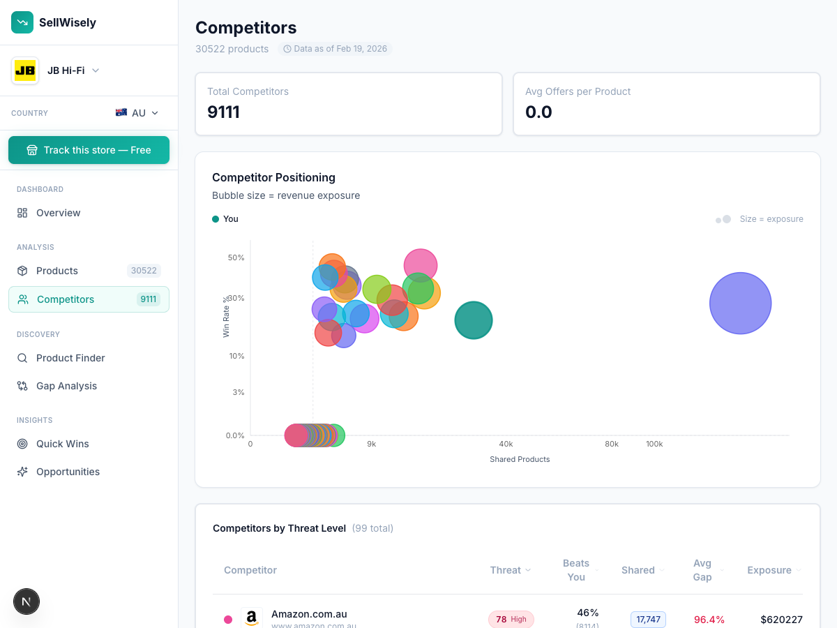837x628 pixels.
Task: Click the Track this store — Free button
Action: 89,150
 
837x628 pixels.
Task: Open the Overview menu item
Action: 58,213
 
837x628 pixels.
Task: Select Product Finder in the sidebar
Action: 70,358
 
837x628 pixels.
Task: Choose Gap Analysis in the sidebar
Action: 66,386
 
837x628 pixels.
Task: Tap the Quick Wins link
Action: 62,444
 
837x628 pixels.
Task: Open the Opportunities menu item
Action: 68,472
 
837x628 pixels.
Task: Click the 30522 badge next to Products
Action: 144,271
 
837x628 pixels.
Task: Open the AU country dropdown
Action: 137,113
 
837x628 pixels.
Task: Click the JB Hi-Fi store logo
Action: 25,70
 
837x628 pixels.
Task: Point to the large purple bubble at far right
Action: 740,304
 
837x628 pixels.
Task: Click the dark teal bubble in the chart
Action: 474,320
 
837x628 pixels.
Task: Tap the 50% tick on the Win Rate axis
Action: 236,257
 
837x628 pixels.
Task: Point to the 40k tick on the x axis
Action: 506,444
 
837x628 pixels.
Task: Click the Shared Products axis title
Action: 520,459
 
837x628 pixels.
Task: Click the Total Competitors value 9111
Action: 224,112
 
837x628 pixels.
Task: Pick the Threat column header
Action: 506,570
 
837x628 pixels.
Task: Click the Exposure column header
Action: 769,570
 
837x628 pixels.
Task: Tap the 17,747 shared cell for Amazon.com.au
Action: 648,620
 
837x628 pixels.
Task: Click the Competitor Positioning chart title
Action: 273,177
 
